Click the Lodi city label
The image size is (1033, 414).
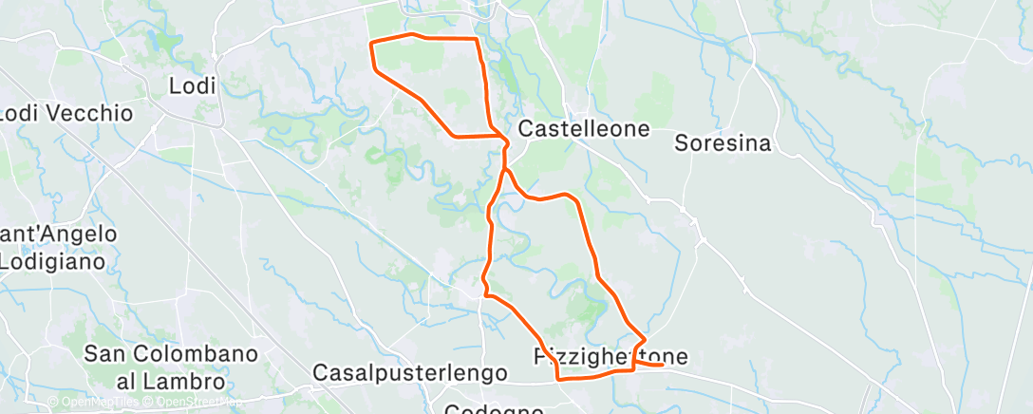(192, 85)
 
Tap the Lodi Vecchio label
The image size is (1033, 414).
(66, 113)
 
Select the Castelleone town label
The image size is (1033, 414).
(585, 128)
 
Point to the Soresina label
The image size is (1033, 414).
(722, 143)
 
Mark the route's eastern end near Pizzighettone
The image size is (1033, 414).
(662, 365)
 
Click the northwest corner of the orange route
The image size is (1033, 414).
(369, 43)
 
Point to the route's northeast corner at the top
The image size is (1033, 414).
(476, 39)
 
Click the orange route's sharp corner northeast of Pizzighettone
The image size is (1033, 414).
(646, 339)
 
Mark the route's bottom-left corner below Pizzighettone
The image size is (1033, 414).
(557, 378)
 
